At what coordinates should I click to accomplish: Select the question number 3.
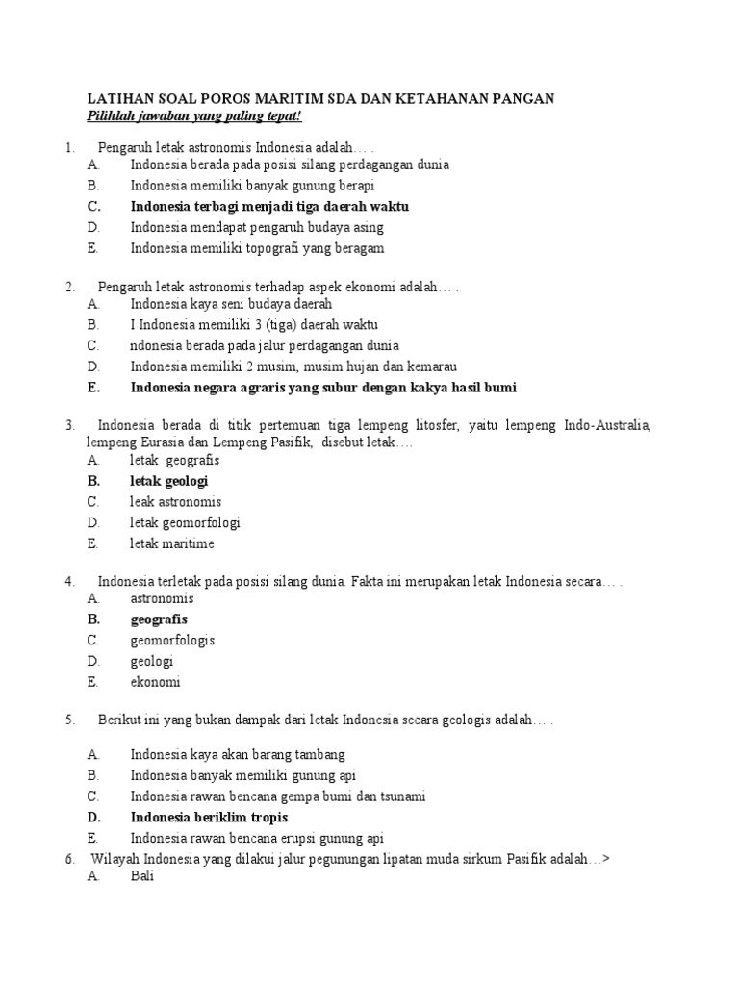(x=70, y=424)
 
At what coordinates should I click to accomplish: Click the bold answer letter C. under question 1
(x=92, y=207)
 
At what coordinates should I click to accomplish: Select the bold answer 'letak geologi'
(x=169, y=481)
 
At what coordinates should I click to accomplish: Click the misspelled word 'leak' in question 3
(x=143, y=502)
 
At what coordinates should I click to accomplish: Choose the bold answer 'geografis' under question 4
(x=159, y=619)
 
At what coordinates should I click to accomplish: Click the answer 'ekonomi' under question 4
(x=155, y=682)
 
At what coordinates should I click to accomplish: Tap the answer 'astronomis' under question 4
(x=162, y=598)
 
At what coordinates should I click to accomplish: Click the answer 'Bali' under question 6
(x=141, y=877)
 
